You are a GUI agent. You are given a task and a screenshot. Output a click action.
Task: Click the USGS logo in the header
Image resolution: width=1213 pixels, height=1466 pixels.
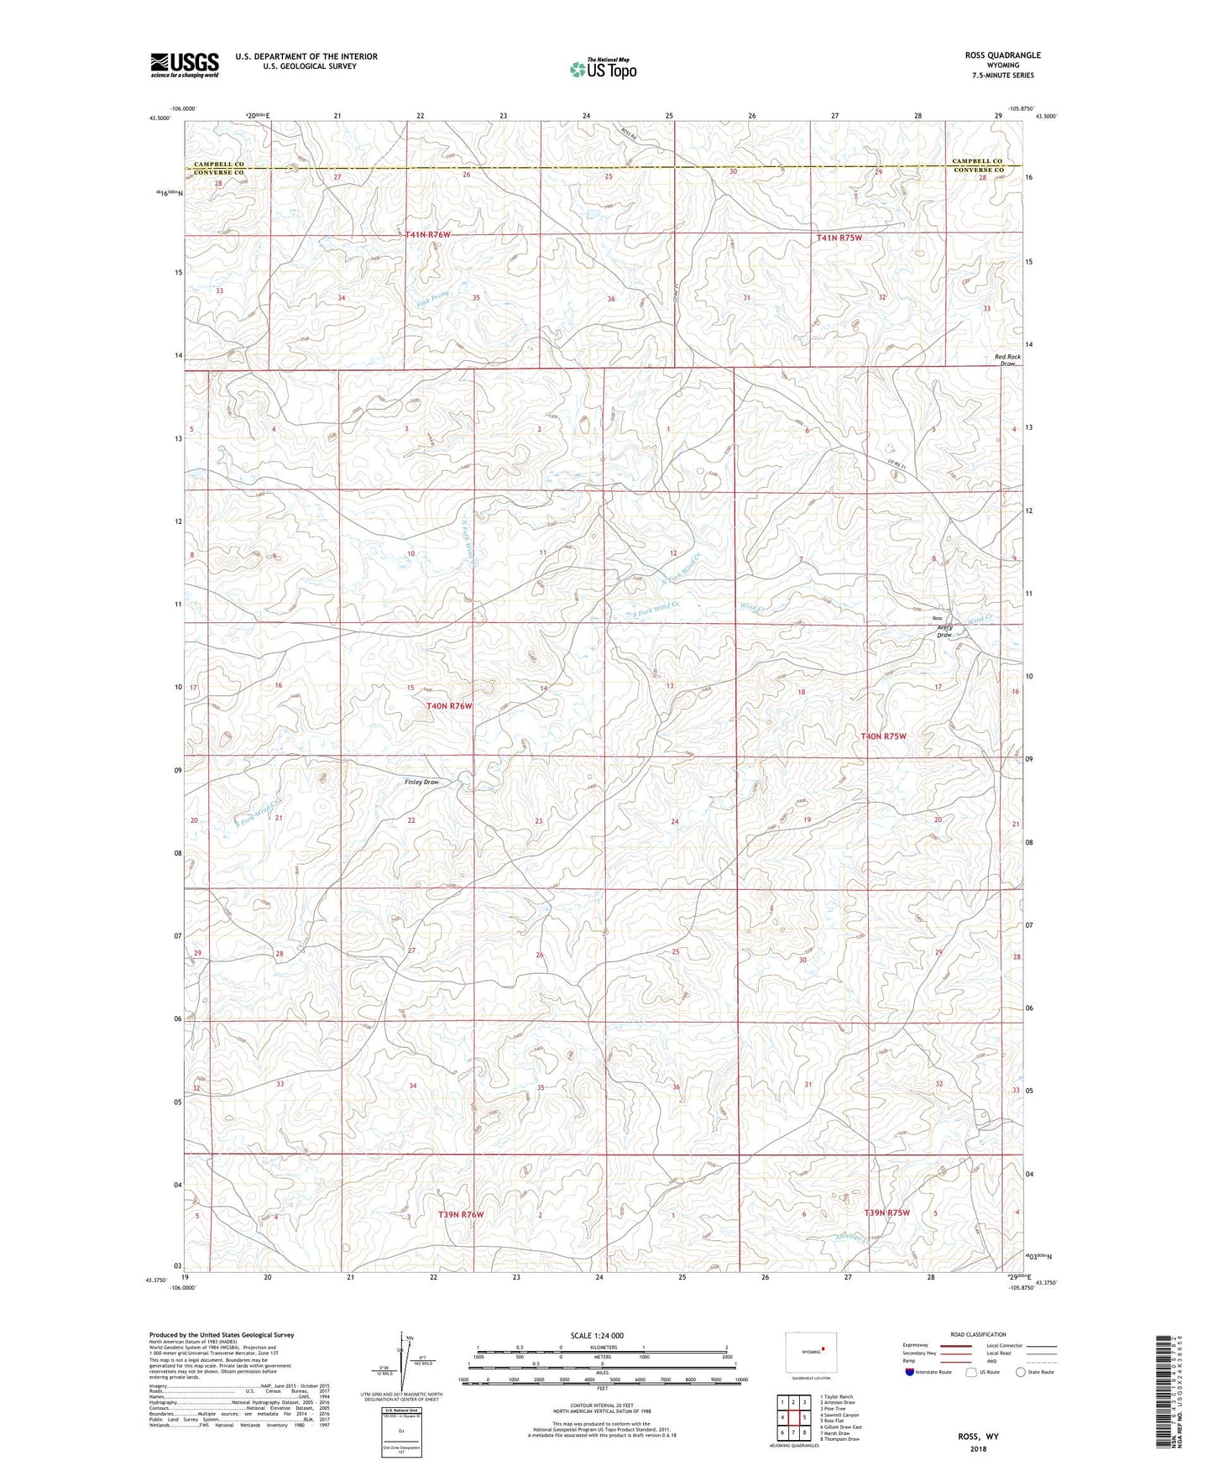pyautogui.click(x=185, y=65)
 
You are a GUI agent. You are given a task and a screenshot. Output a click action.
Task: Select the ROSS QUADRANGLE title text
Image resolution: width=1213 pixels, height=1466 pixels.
pyautogui.click(x=1002, y=55)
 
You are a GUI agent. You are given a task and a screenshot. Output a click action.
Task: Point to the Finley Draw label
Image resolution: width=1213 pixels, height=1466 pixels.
pyautogui.click(x=421, y=782)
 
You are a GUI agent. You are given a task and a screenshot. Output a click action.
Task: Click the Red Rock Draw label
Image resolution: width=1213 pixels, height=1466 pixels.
pyautogui.click(x=1007, y=360)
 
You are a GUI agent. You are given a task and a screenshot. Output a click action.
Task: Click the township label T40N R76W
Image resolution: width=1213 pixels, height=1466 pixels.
pyautogui.click(x=449, y=706)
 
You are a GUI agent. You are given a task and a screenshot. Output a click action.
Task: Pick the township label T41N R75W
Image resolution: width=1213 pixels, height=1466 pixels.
pyautogui.click(x=839, y=238)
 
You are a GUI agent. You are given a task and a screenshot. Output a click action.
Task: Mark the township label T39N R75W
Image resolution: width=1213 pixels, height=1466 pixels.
pyautogui.click(x=886, y=1212)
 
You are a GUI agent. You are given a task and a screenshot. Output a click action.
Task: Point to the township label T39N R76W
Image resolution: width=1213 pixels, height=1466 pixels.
pyautogui.click(x=461, y=1215)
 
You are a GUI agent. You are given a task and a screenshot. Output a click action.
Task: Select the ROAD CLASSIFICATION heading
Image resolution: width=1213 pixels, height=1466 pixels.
pyautogui.click(x=978, y=1334)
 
